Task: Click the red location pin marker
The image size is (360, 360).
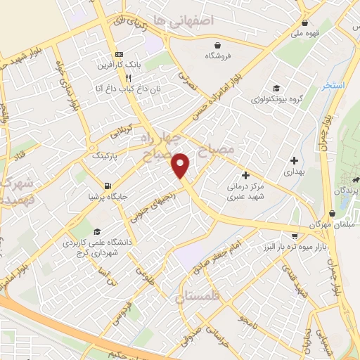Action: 181,166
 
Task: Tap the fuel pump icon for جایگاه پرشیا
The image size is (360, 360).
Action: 106,186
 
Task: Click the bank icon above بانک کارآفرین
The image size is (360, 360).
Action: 119,54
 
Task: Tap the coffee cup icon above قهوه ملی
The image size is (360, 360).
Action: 302,21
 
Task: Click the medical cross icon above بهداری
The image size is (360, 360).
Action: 293,160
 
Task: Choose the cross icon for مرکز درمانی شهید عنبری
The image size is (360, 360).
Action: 245,175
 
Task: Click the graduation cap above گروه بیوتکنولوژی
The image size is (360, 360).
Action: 277,89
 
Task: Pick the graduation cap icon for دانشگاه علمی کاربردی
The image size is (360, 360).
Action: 96,231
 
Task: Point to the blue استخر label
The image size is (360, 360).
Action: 333,85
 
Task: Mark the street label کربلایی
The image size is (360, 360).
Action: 116,134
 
